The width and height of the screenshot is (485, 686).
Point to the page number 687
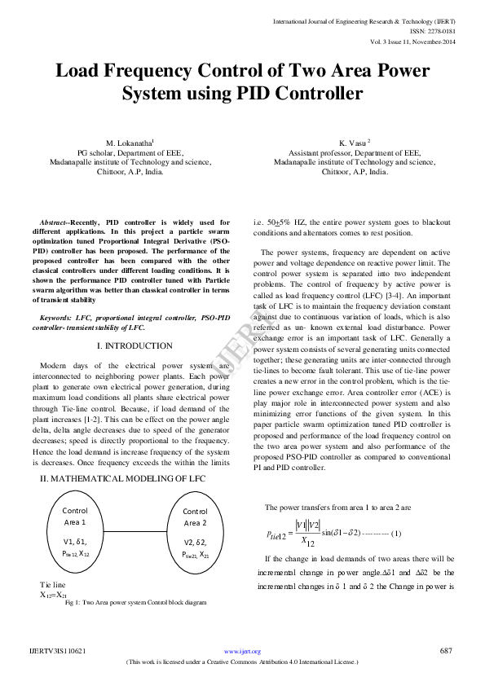point(445,651)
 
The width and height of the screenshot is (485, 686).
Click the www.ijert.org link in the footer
point(242,652)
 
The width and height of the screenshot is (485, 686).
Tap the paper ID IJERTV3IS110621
point(58,651)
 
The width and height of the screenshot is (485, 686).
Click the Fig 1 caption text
point(134,602)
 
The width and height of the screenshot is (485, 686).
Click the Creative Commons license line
point(242,662)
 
